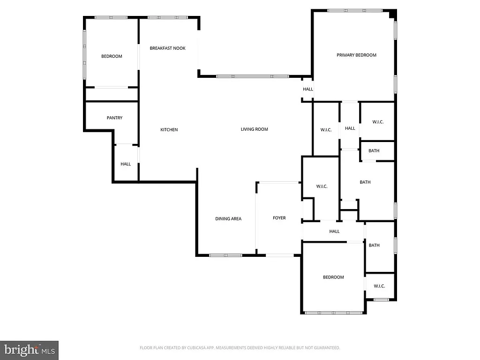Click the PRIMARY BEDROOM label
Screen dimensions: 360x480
356,55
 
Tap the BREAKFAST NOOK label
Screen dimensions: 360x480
167,48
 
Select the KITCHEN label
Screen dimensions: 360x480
169,130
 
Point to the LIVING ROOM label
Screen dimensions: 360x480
254,129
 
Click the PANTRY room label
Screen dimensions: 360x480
114,118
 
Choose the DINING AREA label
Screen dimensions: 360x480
228,219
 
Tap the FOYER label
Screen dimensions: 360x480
279,218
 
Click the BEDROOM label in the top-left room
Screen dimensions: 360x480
112,56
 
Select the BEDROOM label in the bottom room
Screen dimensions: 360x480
333,277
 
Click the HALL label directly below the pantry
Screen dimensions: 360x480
126,164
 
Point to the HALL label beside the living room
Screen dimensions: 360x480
307,89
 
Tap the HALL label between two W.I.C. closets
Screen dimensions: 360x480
350,128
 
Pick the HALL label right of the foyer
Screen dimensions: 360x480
334,231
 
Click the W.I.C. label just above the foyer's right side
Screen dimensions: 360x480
322,187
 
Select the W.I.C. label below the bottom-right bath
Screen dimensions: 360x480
379,286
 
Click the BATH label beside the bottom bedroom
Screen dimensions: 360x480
374,245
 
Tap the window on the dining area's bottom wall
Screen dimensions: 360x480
225,255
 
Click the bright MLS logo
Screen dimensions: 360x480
29,350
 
